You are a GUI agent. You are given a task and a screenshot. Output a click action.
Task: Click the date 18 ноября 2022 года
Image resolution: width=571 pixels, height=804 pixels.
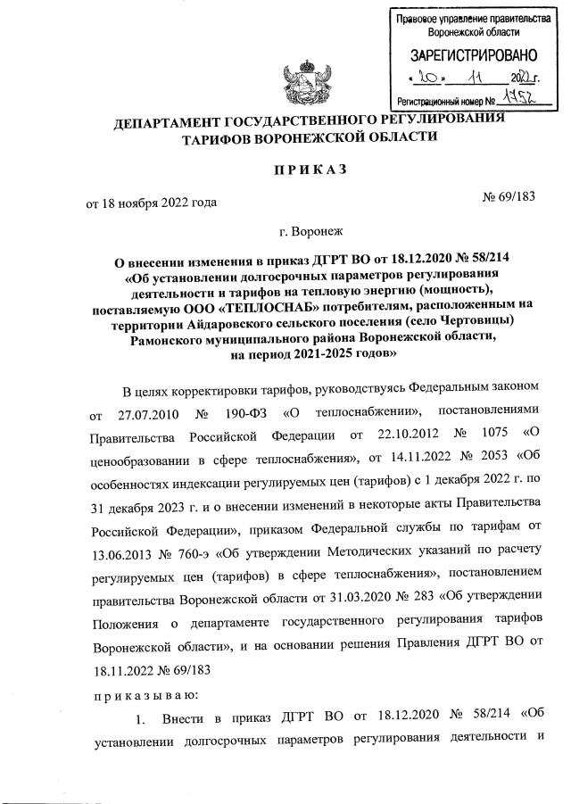(151, 203)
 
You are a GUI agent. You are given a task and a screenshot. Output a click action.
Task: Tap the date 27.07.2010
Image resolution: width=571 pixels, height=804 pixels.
(149, 416)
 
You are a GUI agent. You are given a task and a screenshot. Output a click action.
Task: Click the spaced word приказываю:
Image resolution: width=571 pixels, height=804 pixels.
(145, 692)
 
